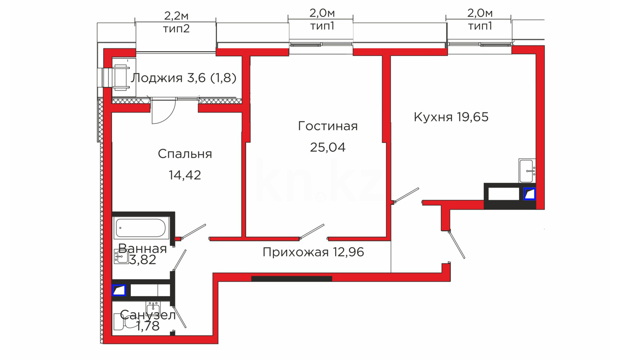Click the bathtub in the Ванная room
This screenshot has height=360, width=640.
tap(141, 228)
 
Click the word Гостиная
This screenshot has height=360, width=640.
tap(328, 126)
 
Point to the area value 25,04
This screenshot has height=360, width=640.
tap(328, 147)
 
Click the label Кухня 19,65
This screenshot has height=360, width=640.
tap(451, 117)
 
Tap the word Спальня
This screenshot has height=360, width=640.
tap(185, 154)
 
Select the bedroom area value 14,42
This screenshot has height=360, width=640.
tap(185, 175)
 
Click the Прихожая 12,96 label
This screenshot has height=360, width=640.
tap(313, 252)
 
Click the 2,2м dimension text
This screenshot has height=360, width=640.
tap(176, 16)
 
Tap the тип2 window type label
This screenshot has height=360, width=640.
tap(176, 29)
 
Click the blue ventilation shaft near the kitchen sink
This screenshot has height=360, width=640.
tap(529, 194)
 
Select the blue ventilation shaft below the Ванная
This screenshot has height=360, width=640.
tap(119, 290)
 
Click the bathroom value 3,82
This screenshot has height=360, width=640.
tap(143, 260)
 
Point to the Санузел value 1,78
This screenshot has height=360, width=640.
tap(148, 326)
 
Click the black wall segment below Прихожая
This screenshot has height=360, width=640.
tap(292, 278)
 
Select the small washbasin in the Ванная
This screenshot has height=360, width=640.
tap(120, 256)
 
